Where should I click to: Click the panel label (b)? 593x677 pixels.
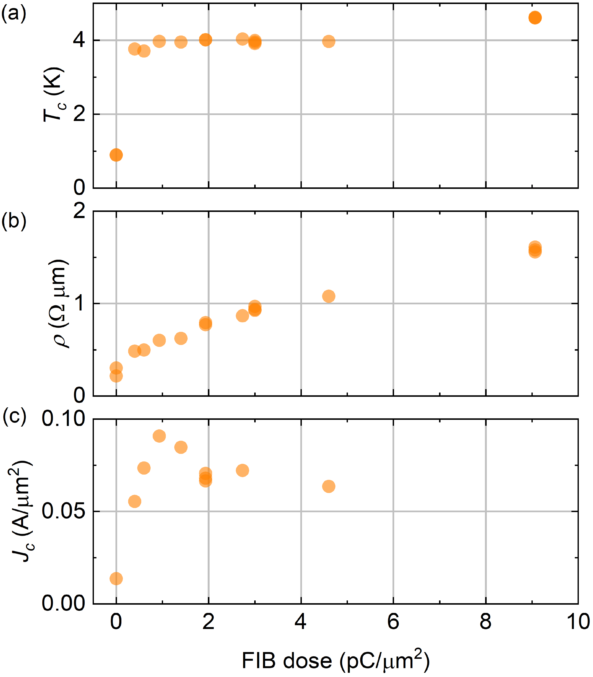click(14, 221)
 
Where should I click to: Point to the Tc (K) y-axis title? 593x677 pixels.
click(54, 95)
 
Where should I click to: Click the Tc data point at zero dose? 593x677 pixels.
click(116, 155)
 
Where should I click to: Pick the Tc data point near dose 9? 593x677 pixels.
click(535, 18)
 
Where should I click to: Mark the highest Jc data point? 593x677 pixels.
click(159, 436)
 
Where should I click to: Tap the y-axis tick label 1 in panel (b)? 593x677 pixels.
click(80, 303)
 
